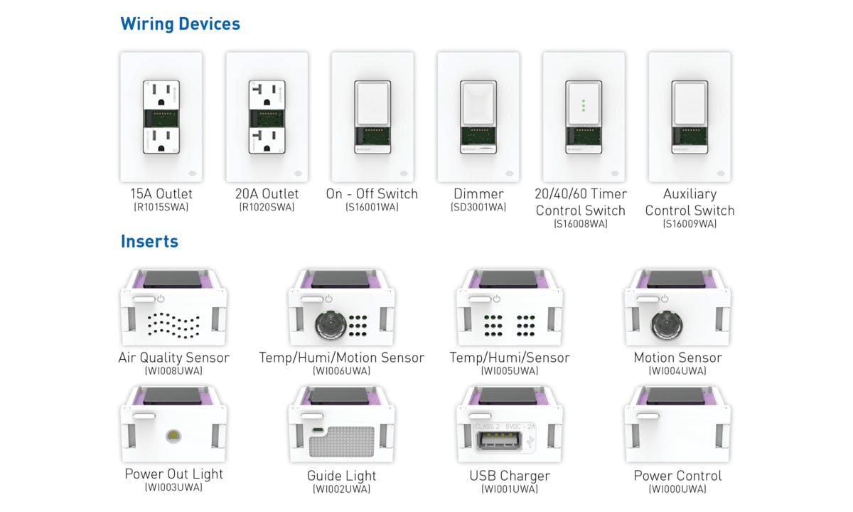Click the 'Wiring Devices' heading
(x=180, y=24)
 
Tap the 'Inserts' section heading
(x=149, y=242)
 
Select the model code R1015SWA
(x=161, y=207)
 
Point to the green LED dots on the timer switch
(x=584, y=105)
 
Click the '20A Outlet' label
(x=267, y=194)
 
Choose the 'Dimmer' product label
(x=478, y=194)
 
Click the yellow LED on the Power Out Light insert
(x=173, y=435)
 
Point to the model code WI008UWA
(x=173, y=371)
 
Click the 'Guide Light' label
(x=342, y=476)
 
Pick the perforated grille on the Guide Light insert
(x=342, y=442)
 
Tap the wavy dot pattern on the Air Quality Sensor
(x=173, y=326)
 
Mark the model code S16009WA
(x=690, y=224)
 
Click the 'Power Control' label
(x=677, y=476)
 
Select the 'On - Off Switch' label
(x=372, y=194)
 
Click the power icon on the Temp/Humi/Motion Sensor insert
(x=328, y=299)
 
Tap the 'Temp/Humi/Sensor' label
(x=510, y=358)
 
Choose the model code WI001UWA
(x=510, y=489)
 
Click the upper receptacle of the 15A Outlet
(x=161, y=95)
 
